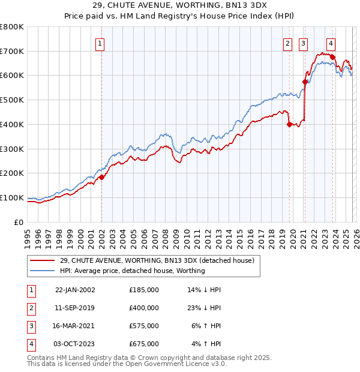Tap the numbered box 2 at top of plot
pyautogui.click(x=288, y=43)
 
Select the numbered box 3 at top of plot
pyautogui.click(x=304, y=43)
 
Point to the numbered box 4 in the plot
pyautogui.click(x=331, y=43)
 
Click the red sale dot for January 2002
pyautogui.click(x=101, y=177)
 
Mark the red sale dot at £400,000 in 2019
pyautogui.click(x=289, y=124)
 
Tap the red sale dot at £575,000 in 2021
pyautogui.click(x=305, y=82)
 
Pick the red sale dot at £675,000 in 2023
pyautogui.click(x=332, y=57)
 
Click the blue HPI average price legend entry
pyautogui.click(x=133, y=271)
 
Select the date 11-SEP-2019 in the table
pyautogui.click(x=74, y=308)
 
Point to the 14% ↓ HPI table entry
pyautogui.click(x=203, y=290)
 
